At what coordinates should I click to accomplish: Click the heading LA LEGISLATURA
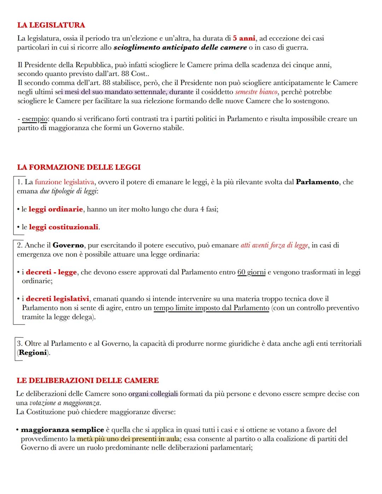point(51,25)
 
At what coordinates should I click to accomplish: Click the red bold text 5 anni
point(244,38)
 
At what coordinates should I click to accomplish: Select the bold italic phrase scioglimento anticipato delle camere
point(180,47)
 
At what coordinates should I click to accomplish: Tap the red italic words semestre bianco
point(256,92)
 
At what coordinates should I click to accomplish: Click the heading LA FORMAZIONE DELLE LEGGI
point(79,167)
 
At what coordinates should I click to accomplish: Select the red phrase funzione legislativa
point(64,182)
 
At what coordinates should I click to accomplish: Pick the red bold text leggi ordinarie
point(56,209)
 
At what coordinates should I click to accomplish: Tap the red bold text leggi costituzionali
point(63,227)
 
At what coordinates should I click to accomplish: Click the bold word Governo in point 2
point(68,245)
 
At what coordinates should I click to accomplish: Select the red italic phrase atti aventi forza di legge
point(274,245)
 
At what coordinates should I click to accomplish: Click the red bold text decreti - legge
point(51,273)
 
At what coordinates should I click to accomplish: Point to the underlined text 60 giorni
point(251,273)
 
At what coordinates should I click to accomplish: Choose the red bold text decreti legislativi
point(57,299)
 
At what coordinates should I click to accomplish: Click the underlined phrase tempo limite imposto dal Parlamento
point(211,308)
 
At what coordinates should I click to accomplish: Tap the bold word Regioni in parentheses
point(33,353)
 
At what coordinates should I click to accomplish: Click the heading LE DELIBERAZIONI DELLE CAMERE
point(87,381)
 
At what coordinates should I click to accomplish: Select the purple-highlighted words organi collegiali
point(153,394)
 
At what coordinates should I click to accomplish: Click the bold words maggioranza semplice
point(62,430)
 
